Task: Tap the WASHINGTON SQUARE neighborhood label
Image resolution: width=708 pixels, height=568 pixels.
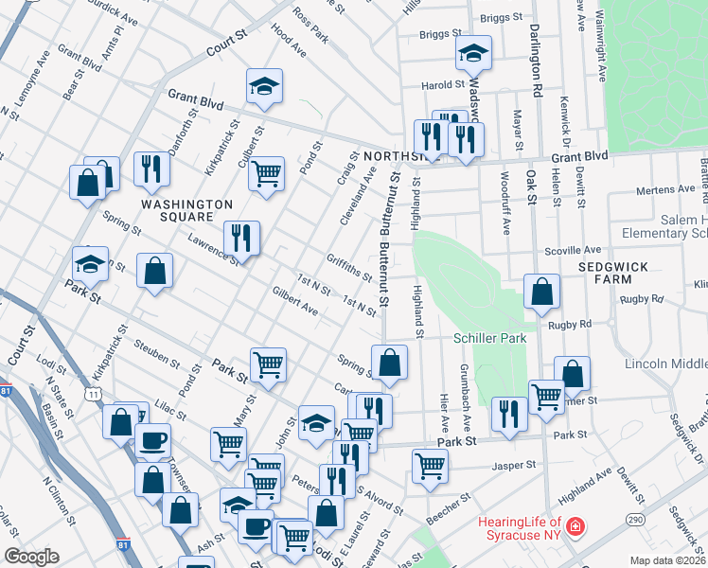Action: [x=186, y=211]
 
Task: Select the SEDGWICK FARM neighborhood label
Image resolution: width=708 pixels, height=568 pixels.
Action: [x=613, y=274]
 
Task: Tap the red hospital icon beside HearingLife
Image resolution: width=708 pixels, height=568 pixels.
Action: [x=575, y=526]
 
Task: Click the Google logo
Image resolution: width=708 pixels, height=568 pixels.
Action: [x=31, y=557]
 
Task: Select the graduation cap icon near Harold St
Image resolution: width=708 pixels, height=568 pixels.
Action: [x=472, y=53]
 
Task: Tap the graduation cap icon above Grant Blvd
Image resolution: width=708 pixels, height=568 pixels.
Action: [x=264, y=86]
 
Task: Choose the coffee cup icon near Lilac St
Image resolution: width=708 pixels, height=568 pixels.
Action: [x=152, y=440]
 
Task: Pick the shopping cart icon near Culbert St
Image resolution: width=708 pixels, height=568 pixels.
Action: [x=268, y=174]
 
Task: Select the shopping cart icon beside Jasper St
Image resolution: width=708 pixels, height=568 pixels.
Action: [x=430, y=466]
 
